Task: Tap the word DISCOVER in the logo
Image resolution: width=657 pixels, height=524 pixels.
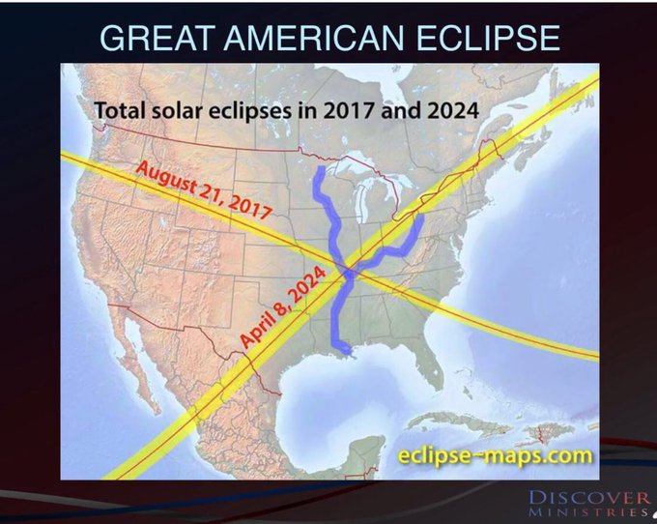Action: (588, 498)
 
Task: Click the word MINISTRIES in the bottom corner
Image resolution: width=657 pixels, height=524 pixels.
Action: (588, 512)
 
